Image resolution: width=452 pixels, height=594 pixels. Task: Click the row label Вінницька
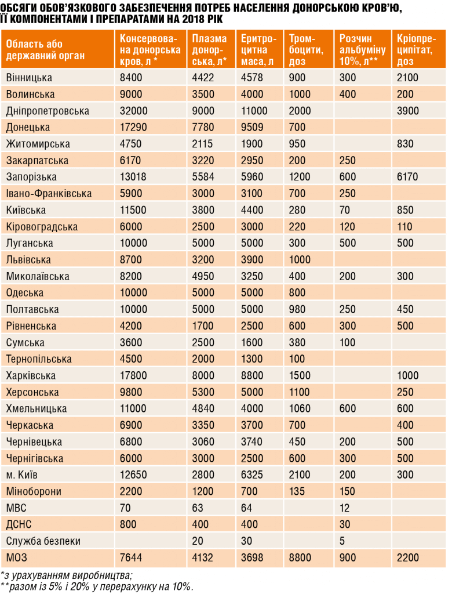pyautogui.click(x=29, y=78)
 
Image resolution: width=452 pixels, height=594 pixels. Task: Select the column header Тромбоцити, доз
pyautogui.click(x=306, y=50)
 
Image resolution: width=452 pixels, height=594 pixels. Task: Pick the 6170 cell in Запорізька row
pyautogui.click(x=407, y=177)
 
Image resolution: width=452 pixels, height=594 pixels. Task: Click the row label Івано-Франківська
pyautogui.click(x=49, y=194)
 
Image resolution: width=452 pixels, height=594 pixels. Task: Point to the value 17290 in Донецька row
pyautogui.click(x=133, y=127)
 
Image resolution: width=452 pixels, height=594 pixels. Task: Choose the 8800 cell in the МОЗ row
pyautogui.click(x=300, y=557)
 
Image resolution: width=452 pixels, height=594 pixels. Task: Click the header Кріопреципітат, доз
pyautogui.click(x=417, y=50)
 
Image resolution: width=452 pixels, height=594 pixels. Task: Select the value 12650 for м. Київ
pyautogui.click(x=133, y=475)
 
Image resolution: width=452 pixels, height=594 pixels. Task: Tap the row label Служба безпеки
pyautogui.click(x=43, y=541)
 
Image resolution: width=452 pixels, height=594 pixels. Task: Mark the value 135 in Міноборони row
pyautogui.click(x=297, y=491)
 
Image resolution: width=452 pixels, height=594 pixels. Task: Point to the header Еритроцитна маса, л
pyautogui.click(x=259, y=50)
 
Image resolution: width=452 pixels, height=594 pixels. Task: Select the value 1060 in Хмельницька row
pyautogui.click(x=300, y=408)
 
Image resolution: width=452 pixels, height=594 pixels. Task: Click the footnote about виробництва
pyautogui.click(x=67, y=575)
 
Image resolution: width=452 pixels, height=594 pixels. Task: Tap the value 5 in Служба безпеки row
pyautogui.click(x=342, y=541)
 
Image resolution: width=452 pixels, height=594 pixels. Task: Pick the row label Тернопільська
pyautogui.click(x=39, y=359)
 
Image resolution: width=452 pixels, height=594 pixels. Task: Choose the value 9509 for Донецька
pyautogui.click(x=252, y=127)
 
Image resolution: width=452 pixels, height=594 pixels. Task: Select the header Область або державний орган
pyautogui.click(x=45, y=50)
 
